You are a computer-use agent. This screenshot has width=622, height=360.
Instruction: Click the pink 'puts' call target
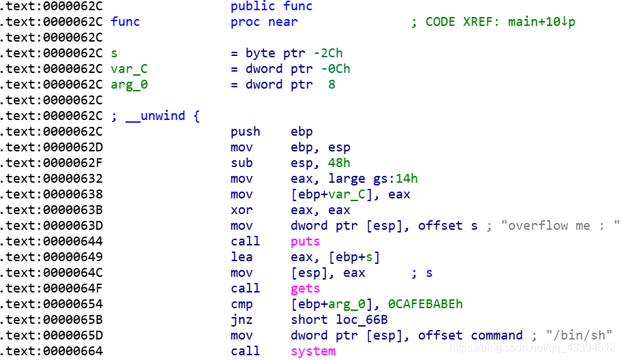305,241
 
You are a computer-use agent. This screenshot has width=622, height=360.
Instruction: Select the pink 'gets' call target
305,288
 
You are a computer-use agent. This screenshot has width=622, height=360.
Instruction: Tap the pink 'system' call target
313,351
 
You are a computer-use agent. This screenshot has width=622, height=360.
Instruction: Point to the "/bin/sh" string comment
578,335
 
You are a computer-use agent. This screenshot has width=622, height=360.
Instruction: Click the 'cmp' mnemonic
241,304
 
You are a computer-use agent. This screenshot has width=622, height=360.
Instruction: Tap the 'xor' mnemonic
241,210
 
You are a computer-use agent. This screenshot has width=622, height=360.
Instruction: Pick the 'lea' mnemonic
241,257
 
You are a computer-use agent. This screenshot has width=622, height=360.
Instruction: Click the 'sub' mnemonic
241,163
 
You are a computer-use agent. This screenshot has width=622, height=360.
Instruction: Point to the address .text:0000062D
51,147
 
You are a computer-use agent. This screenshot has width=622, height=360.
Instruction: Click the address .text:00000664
51,351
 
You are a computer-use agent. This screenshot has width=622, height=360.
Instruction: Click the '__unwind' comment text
155,116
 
